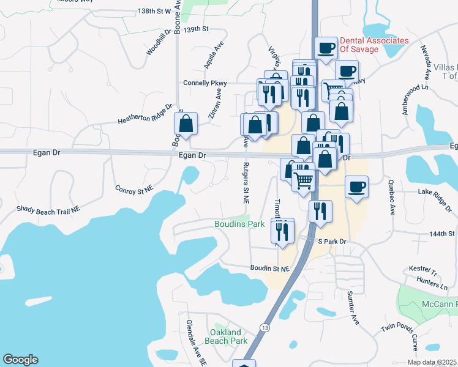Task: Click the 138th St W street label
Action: click(155, 11)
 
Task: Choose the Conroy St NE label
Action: click(133, 189)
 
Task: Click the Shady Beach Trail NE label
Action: click(48, 209)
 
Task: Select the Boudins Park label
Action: click(239, 224)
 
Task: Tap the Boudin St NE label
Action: click(269, 268)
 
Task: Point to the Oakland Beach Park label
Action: click(226, 336)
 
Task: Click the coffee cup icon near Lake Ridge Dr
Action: click(356, 187)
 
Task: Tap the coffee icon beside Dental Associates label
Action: click(326, 48)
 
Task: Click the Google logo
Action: click(20, 360)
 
